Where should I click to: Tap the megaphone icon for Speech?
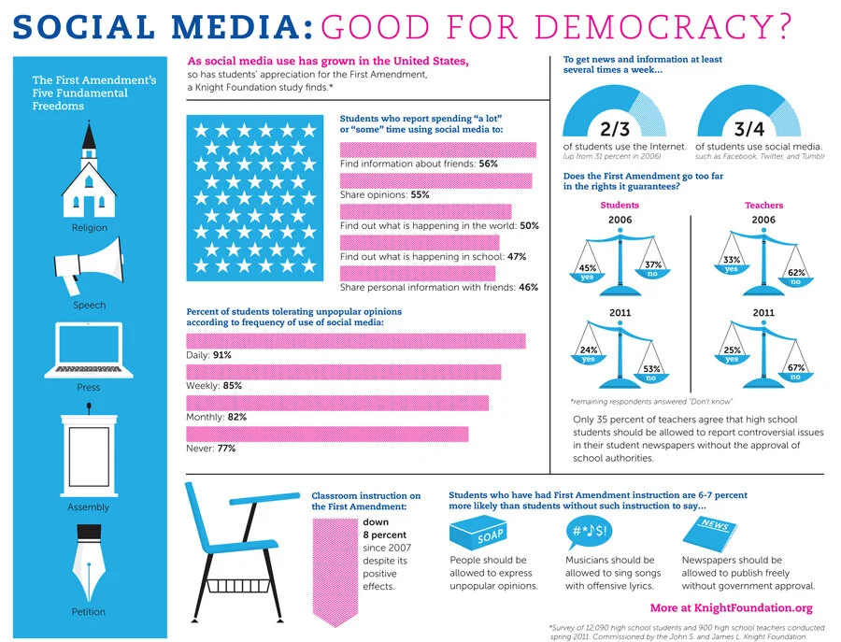coord(89,263)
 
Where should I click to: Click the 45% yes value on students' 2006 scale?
coord(589,270)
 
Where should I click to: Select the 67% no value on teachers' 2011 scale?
coord(796,371)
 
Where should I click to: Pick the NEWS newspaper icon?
coord(711,535)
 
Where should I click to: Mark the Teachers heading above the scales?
coord(763,205)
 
